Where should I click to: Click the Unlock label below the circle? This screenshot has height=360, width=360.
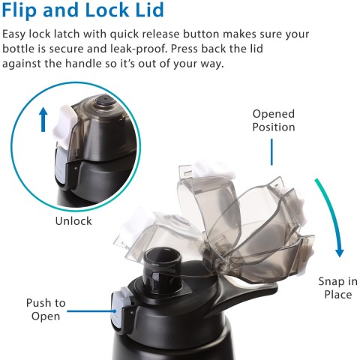tap(73, 221)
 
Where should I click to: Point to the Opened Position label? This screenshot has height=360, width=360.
tap(273, 121)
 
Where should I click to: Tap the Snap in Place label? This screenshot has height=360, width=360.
tap(337, 288)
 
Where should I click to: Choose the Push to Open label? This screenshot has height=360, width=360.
tap(46, 310)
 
